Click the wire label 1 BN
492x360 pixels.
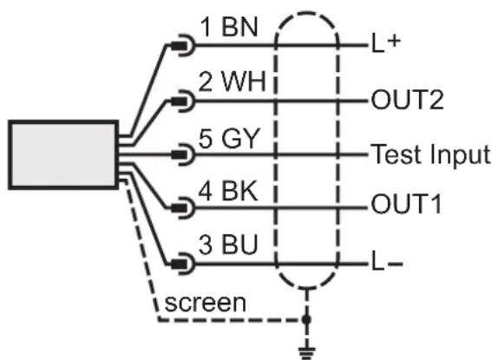(229, 27)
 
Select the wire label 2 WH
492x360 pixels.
(233, 82)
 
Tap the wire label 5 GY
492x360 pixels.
(229, 138)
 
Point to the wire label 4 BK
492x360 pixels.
(228, 191)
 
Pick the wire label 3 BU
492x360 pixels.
(228, 244)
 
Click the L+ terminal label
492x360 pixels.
(385, 43)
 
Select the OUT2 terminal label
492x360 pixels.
(407, 100)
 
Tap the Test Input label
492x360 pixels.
(430, 154)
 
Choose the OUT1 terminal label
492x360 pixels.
(407, 204)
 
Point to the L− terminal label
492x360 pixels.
(387, 265)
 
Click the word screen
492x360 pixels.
(205, 303)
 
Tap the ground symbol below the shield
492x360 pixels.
(307, 352)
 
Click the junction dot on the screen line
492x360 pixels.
(306, 319)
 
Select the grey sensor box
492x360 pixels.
(63, 154)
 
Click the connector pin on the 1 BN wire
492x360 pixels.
(183, 45)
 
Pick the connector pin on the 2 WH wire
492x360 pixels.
(183, 101)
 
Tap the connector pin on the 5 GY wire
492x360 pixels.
(183, 154)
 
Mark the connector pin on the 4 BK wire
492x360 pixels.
(183, 208)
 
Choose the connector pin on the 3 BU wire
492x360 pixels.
(183, 264)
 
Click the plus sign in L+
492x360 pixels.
(394, 41)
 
